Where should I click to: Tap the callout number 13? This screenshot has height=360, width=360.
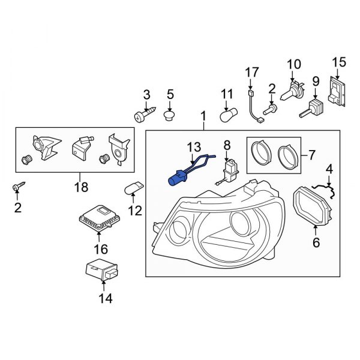pos(194,147)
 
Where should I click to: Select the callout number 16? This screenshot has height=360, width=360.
pos(100,248)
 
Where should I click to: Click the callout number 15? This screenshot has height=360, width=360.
pos(339,61)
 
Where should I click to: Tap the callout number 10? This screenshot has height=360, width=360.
pos(293,64)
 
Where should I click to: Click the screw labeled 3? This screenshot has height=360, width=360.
pos(145,115)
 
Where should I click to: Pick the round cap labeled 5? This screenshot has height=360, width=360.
pos(170,114)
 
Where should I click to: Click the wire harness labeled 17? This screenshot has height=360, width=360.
pos(254,109)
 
